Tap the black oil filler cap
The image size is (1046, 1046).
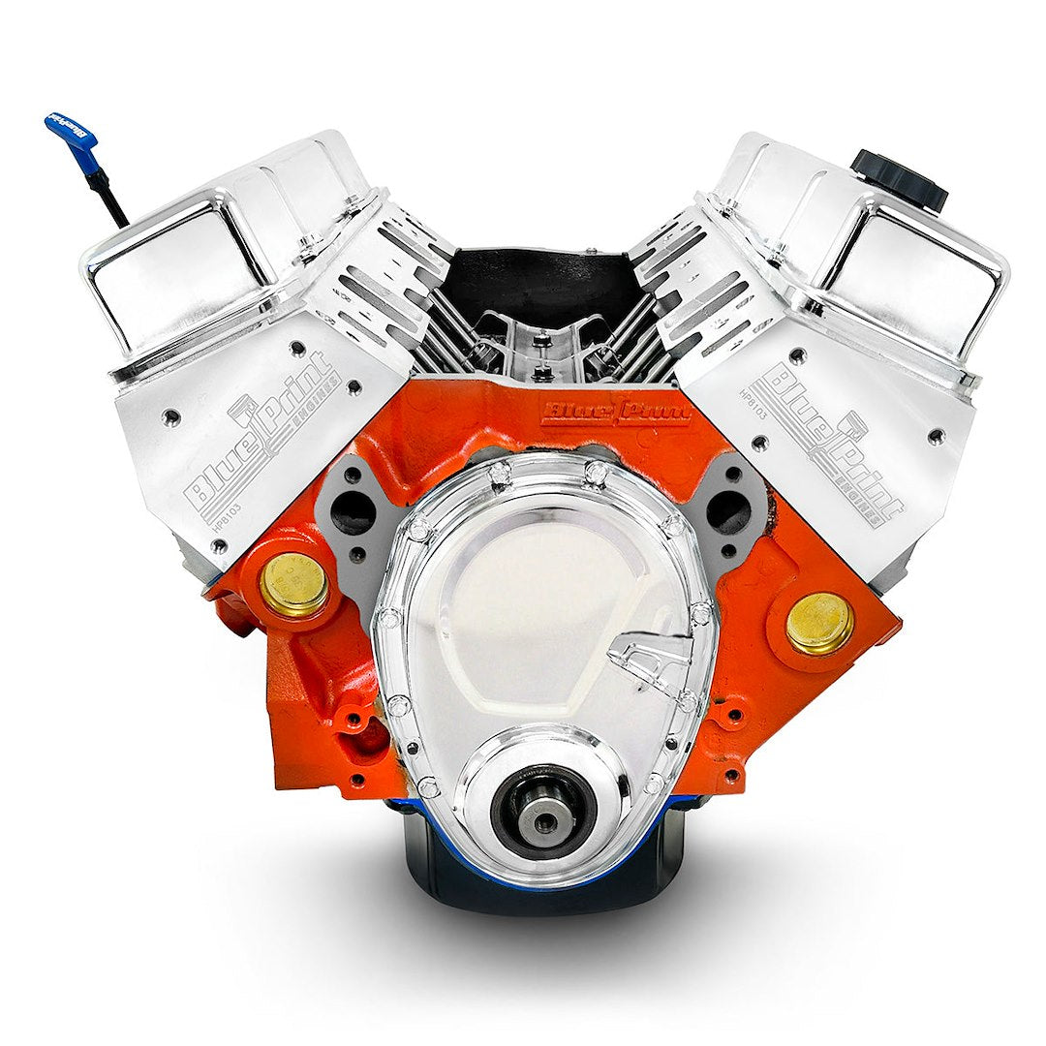coord(898,178)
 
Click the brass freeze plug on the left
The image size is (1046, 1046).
coord(293,585)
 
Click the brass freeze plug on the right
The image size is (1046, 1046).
coord(818,624)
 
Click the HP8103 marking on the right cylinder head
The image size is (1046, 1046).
coord(754,400)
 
